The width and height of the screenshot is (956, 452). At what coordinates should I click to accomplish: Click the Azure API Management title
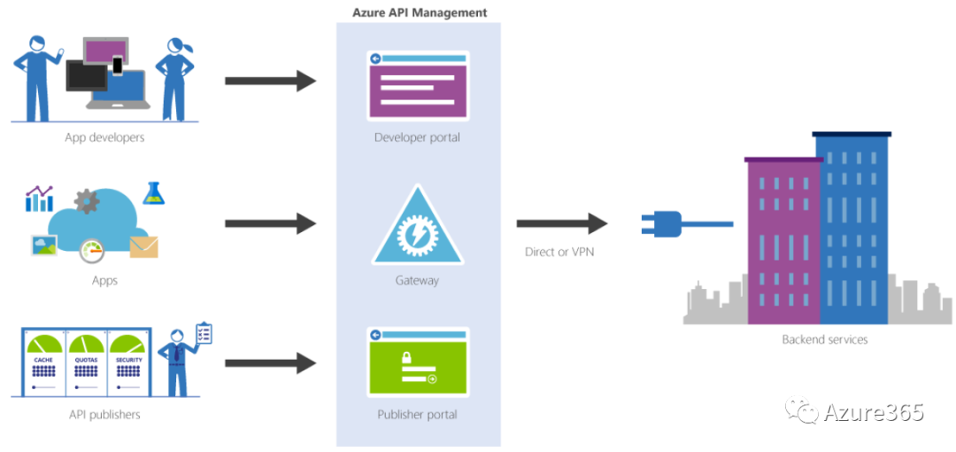[x=419, y=12]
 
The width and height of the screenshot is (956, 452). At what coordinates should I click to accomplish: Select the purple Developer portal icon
[x=418, y=86]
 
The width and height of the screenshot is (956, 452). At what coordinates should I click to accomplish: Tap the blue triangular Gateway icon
[x=417, y=229]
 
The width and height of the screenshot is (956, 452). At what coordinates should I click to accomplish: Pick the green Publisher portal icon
[x=418, y=362]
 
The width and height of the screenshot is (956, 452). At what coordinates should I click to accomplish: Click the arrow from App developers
[x=270, y=82]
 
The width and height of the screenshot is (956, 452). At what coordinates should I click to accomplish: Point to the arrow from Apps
[x=270, y=223]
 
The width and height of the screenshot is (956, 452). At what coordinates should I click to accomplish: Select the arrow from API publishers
[x=270, y=362]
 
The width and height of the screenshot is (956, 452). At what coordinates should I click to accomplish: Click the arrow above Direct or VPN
[x=561, y=223]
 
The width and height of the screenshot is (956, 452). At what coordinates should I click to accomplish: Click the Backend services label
[x=824, y=339]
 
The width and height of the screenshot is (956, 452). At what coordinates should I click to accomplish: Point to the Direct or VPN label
[x=559, y=252]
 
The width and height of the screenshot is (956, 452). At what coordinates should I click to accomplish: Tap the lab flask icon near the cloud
[x=154, y=193]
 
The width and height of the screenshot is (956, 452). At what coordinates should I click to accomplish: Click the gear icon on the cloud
[x=87, y=201]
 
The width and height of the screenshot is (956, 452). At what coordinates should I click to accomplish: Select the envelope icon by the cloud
[x=143, y=246]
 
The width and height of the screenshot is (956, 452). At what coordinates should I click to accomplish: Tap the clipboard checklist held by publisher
[x=204, y=333]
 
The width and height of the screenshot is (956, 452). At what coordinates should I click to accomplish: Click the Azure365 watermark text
[x=873, y=412]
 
